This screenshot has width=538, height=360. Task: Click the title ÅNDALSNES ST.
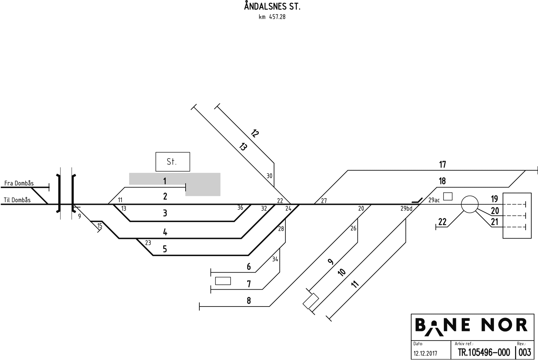272,7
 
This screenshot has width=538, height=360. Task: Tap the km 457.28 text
272,17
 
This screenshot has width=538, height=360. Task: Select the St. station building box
172,162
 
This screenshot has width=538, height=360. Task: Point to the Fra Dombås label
19,183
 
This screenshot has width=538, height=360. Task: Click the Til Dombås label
17,200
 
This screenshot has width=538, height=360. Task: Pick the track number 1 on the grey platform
165,181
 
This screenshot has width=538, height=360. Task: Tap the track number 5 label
165,249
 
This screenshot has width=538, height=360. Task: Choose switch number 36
240,208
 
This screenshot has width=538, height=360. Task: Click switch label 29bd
406,209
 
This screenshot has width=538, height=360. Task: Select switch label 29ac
434,200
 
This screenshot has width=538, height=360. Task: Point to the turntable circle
469,204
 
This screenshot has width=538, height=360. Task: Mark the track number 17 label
443,165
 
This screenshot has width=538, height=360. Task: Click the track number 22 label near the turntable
443,222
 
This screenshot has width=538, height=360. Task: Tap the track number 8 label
249,300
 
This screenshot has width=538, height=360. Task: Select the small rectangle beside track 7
223,281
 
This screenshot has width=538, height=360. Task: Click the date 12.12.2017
425,353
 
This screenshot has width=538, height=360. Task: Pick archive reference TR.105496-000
484,353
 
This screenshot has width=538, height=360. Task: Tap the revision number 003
525,353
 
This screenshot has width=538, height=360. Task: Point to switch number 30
269,176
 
